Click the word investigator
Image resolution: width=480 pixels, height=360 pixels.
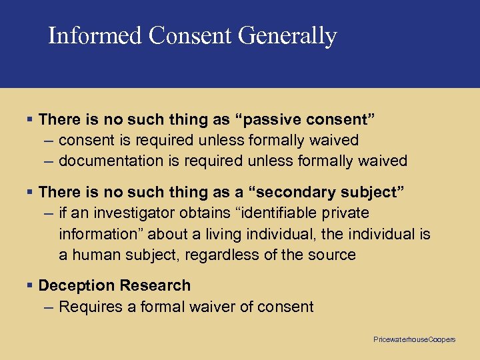[133, 213]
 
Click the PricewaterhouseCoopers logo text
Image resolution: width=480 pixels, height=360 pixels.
[414, 340]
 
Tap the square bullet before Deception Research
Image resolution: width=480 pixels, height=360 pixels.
[29, 285]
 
